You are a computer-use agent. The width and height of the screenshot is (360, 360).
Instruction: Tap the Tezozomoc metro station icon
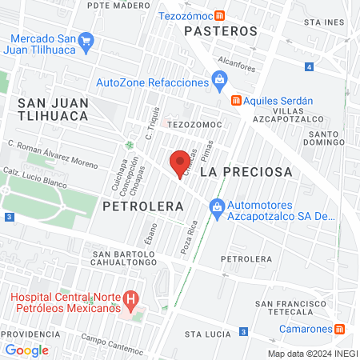tap(228, 15)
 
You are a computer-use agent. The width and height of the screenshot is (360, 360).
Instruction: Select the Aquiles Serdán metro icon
tap(236, 100)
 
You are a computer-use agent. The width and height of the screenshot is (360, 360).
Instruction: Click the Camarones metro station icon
tap(339, 329)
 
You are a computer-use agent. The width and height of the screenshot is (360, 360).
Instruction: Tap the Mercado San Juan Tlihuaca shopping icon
tap(86, 40)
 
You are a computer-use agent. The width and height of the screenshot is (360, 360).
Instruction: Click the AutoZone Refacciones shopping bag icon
tap(218, 79)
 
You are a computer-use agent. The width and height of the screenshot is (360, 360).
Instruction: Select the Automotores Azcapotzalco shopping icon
tap(216, 207)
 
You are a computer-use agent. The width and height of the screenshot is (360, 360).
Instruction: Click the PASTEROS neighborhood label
tap(221, 31)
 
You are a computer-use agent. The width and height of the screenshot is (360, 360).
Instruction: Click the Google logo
tap(26, 350)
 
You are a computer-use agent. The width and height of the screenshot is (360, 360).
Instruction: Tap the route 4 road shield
tap(309, 66)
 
